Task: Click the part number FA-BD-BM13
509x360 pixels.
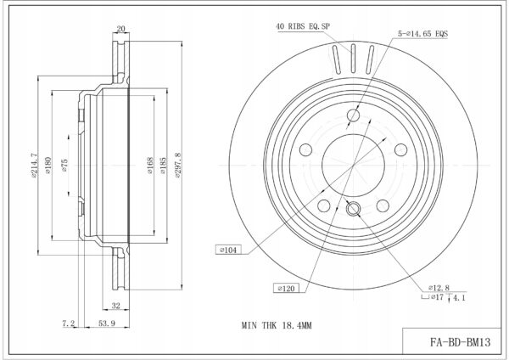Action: tap(461, 342)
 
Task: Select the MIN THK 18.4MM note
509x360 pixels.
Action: tap(277, 325)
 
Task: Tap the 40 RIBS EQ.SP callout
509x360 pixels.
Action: tap(303, 26)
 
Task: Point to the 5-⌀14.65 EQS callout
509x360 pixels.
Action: tap(423, 33)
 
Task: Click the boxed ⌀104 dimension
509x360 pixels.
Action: tap(228, 250)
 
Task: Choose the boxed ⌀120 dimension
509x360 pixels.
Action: tap(286, 288)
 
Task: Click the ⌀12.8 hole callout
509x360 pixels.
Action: tap(439, 288)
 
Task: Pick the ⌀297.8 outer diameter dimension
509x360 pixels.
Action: tap(177, 165)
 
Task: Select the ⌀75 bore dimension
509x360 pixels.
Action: tap(64, 166)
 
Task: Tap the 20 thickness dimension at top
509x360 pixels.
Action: tap(120, 29)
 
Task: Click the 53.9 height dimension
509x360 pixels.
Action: tap(107, 323)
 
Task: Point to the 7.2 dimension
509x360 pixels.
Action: tap(69, 323)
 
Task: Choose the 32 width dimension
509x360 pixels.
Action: tap(116, 306)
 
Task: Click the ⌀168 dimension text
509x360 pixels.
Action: tap(149, 166)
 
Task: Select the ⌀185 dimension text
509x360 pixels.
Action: tap(163, 166)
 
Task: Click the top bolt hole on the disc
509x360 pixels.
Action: tap(354, 115)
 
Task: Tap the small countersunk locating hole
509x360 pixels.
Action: tap(353, 208)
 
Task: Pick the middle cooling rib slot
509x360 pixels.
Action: tap(353, 59)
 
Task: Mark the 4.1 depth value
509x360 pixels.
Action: tap(459, 298)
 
